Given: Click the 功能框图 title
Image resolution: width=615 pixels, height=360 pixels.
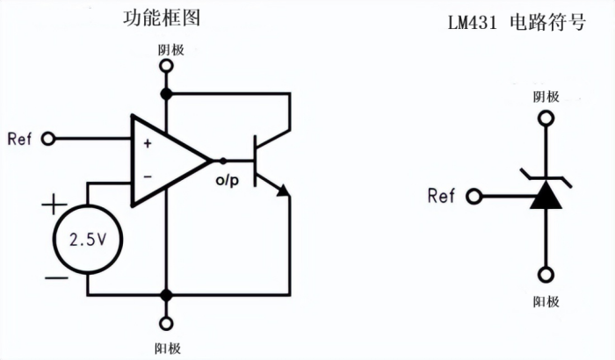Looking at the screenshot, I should point(162,19).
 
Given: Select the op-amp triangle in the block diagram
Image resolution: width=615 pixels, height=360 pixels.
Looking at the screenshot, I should point(167,161).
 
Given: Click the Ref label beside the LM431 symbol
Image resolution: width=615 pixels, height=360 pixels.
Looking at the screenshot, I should point(441,195).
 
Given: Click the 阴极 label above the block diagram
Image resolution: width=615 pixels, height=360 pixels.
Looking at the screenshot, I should point(164,50).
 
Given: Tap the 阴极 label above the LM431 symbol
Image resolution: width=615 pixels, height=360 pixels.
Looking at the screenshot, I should point(546,97).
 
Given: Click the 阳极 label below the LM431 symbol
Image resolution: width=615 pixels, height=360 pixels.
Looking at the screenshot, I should point(546,301).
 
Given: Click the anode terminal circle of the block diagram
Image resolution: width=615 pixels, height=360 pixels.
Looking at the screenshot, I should point(164,320).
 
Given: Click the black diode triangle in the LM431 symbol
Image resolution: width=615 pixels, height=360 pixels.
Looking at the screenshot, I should point(546,195).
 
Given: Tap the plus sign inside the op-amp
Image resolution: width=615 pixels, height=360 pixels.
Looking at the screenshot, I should point(147,142).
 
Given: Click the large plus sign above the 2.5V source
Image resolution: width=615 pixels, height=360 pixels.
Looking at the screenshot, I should point(54,207).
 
